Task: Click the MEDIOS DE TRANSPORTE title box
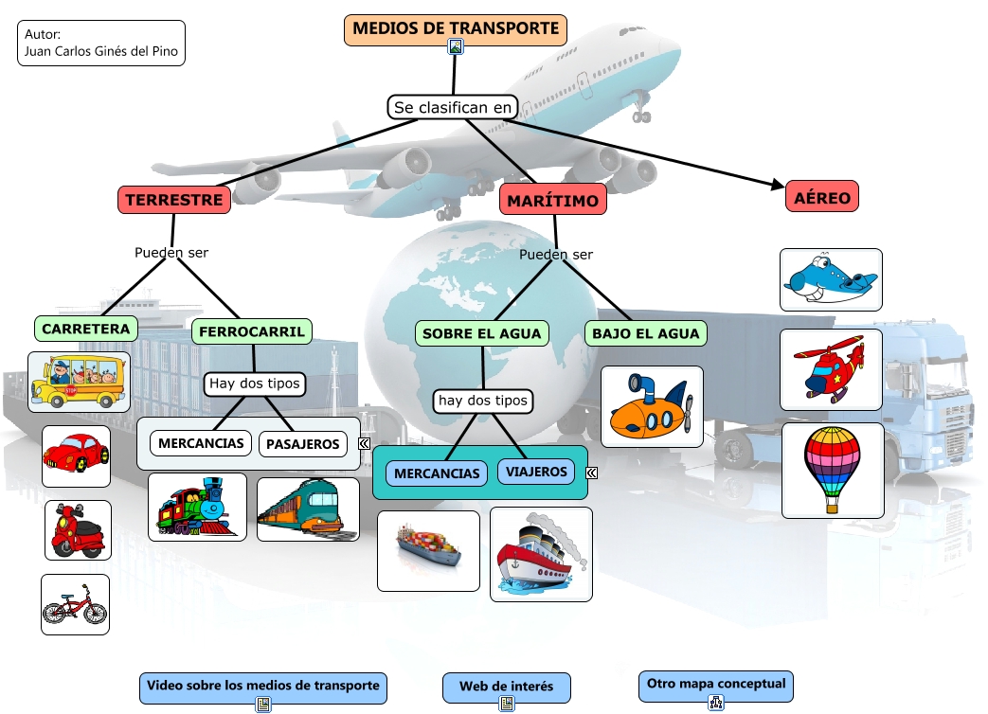coord(456,29)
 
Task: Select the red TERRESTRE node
coord(174,200)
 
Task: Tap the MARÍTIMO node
coord(552,201)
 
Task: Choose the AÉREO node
coord(821,197)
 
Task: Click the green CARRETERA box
coord(85,329)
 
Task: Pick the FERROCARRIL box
coord(252,331)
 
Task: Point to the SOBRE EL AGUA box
coord(481,333)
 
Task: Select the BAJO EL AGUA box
coord(645,333)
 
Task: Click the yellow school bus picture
coord(79,380)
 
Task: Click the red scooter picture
coord(78,530)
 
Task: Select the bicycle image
coord(75,604)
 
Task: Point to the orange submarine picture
coord(652,406)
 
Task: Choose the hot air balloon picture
coord(833,470)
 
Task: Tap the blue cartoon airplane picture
coord(831,279)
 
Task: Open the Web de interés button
coord(507,687)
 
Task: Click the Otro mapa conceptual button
coord(715,684)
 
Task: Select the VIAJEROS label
coord(536,472)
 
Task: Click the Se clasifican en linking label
coord(453,107)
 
